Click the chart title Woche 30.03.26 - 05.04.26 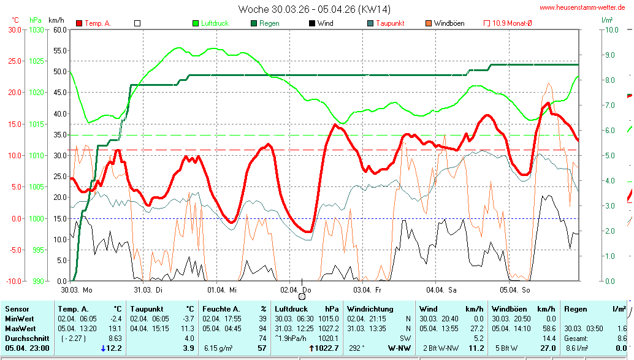click(x=314, y=9)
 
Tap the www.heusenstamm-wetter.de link click(x=582, y=7)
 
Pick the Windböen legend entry click(x=449, y=23)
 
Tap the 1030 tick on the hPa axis click(x=36, y=29)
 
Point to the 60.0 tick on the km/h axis click(x=59, y=29)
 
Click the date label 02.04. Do click(x=296, y=289)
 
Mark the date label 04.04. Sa click(x=441, y=289)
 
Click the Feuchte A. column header click(x=221, y=309)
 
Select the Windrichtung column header click(x=370, y=309)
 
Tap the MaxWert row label click(x=20, y=328)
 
